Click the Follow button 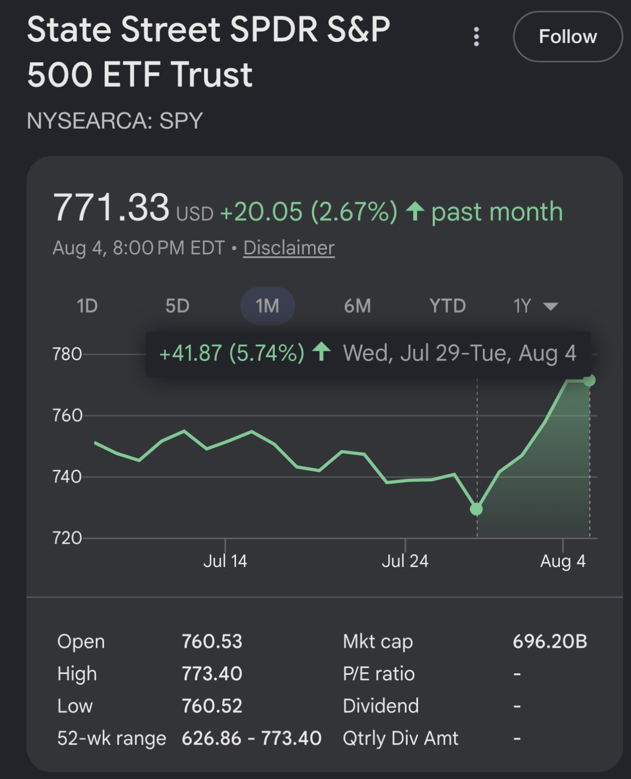click(x=568, y=37)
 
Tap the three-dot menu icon click(x=476, y=37)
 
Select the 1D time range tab click(x=87, y=306)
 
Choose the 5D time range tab click(x=177, y=306)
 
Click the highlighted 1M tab click(x=267, y=306)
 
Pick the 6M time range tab click(x=357, y=306)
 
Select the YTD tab click(x=448, y=306)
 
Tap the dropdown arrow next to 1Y click(x=550, y=306)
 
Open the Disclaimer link click(x=289, y=248)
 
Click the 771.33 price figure click(x=111, y=207)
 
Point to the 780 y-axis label click(x=67, y=354)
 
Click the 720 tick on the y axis click(x=67, y=538)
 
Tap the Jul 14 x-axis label click(x=225, y=561)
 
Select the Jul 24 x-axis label click(x=405, y=561)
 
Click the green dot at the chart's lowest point click(x=476, y=509)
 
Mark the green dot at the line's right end click(x=589, y=380)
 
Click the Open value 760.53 click(x=212, y=641)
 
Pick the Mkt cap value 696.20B click(x=550, y=641)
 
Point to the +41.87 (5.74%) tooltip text click(x=232, y=353)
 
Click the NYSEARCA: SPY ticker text click(x=115, y=121)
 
